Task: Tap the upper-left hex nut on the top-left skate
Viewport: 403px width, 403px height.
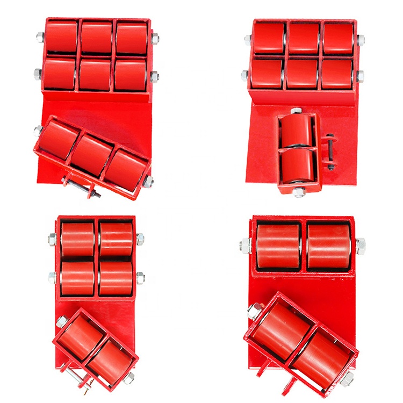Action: (x=39, y=37)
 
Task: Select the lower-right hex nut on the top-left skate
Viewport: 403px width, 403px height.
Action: (x=155, y=74)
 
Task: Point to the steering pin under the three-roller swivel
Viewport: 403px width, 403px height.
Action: (x=81, y=186)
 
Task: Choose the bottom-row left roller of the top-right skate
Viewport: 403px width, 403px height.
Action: (x=267, y=73)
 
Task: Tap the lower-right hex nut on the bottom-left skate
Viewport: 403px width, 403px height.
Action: (x=140, y=277)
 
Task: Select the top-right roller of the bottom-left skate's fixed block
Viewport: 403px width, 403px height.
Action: (x=116, y=239)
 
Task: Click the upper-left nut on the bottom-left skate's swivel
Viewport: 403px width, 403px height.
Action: (x=61, y=322)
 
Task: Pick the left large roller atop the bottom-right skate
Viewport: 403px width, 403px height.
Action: (x=278, y=246)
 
